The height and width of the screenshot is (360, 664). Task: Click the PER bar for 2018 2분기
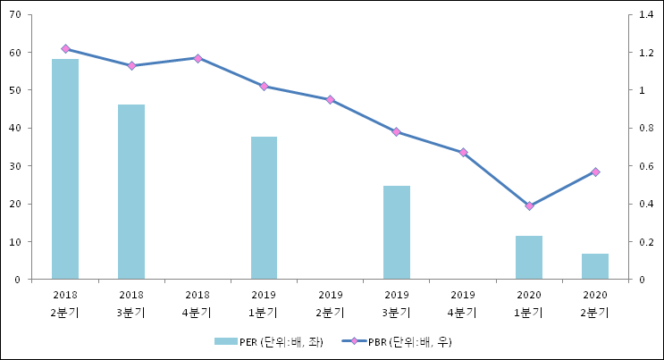[x=65, y=169]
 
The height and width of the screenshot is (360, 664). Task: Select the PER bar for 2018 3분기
[x=131, y=192]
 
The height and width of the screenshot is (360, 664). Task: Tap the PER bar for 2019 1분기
[x=264, y=208]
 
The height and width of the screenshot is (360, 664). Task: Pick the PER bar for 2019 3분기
[x=396, y=232]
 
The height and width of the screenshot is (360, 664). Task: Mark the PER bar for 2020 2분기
[x=595, y=266]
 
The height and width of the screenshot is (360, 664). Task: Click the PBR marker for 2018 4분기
[x=198, y=58]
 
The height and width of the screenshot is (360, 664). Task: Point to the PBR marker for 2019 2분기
[x=330, y=100]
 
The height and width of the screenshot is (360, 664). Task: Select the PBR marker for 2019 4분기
[x=463, y=153]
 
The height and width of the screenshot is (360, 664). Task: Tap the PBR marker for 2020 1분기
[x=529, y=206]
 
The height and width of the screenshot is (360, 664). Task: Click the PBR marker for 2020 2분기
[x=595, y=172]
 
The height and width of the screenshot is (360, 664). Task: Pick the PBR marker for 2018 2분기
[x=65, y=48]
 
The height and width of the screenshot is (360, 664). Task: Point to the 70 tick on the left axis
[x=17, y=15]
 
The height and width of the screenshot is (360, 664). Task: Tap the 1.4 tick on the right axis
[x=647, y=15]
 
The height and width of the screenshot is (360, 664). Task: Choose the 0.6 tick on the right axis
[x=647, y=166]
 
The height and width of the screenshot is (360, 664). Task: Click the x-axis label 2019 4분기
[x=463, y=304]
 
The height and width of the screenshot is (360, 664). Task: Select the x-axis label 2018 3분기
[x=131, y=304]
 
